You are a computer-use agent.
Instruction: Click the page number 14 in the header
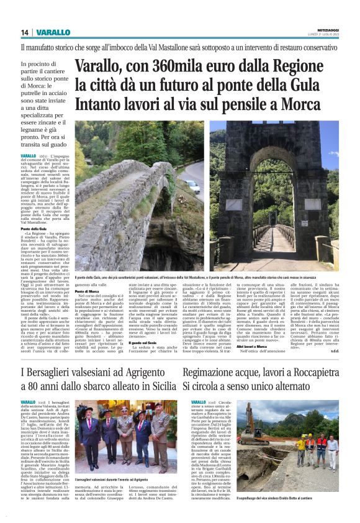tap(24, 32)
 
